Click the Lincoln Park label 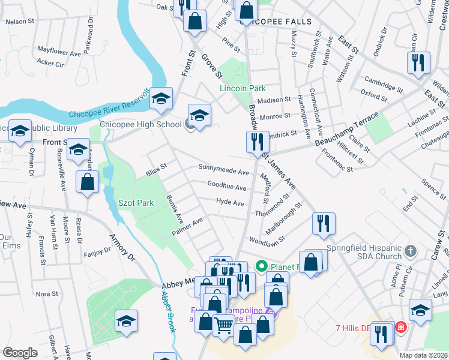(x=242, y=88)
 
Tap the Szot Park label (x=136, y=203)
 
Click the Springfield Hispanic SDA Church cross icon (x=410, y=250)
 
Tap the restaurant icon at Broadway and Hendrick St (x=257, y=142)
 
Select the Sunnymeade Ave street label (x=223, y=172)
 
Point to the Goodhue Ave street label (x=226, y=187)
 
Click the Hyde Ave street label (x=230, y=203)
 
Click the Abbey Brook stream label (x=167, y=311)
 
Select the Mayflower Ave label (x=59, y=52)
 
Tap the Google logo (x=20, y=352)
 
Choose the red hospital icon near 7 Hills (x=400, y=328)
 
